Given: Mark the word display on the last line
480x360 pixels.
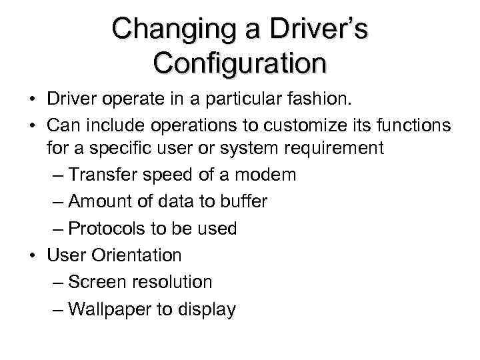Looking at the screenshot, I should click(x=207, y=309).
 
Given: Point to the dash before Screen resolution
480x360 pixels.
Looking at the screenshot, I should click(x=57, y=282).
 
